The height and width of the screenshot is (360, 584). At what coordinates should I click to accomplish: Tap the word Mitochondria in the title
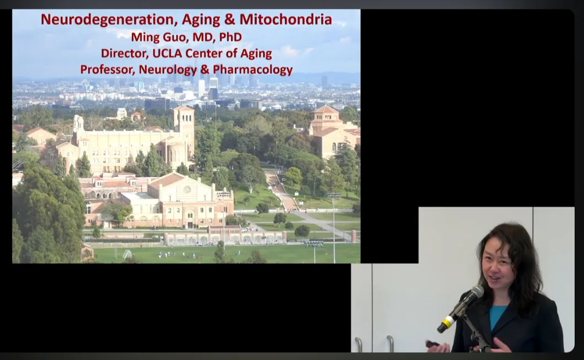click(286, 19)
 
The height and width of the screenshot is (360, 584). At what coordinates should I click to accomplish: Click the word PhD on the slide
click(231, 37)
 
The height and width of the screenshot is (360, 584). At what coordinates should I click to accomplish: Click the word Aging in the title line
click(201, 20)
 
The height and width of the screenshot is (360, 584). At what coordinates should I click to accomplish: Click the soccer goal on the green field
click(127, 254)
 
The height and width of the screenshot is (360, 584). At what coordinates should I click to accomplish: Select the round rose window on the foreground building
click(187, 190)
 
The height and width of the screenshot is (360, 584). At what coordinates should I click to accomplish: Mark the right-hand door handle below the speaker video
click(390, 343)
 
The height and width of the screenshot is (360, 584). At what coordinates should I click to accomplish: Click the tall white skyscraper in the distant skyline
click(201, 88)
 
